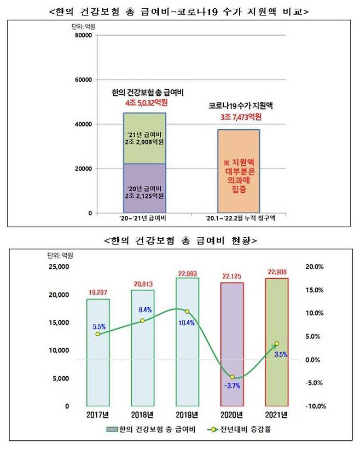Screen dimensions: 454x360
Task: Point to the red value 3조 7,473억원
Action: pos(239,117)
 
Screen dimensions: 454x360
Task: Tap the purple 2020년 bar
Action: pos(232,350)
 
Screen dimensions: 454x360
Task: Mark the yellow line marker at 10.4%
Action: pos(187,312)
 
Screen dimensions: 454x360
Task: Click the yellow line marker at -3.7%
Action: pos(232,377)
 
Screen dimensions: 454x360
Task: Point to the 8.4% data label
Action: pos(144,309)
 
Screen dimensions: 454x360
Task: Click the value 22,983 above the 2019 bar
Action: pos(187,273)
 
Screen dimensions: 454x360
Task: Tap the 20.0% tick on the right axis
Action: pos(314,267)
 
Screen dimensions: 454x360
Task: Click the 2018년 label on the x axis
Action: pos(143,415)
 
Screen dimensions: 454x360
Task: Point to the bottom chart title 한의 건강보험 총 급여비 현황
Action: pos(180,240)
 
